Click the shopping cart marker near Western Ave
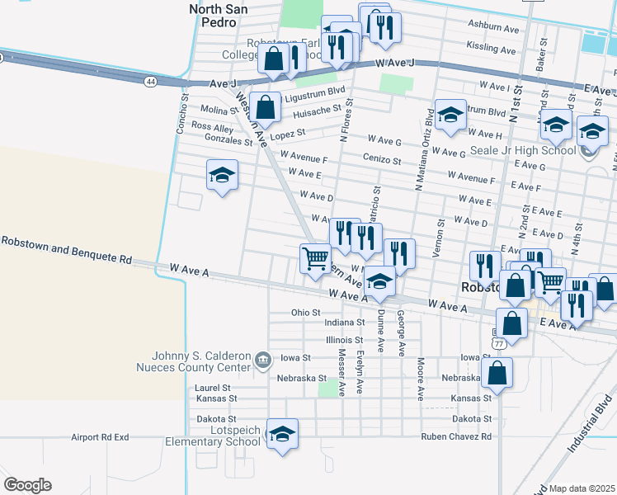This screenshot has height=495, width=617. tap(315, 259)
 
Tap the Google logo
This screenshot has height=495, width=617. tap(27, 485)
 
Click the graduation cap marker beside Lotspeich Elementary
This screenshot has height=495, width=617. tap(282, 434)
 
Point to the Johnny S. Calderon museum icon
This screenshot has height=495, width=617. tap(262, 359)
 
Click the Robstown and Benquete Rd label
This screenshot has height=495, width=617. tap(66, 249)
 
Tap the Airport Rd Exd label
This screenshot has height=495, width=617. tap(101, 437)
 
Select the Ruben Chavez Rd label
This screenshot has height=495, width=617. tap(456, 436)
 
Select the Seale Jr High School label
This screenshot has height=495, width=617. tap(523, 151)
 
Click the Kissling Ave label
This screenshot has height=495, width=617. tap(492, 47)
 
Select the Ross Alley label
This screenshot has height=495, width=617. tap(212, 127)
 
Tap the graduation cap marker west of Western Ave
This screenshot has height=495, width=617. tap(222, 176)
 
